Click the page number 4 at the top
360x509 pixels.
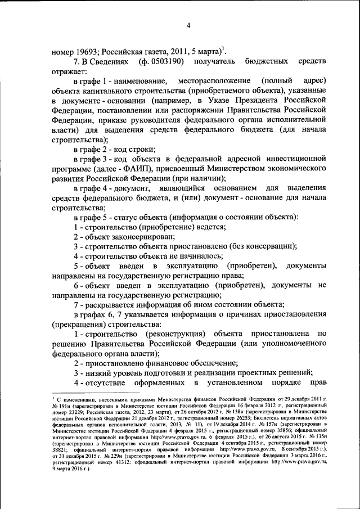point(189,25)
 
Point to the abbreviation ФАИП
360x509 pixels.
point(138,168)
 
